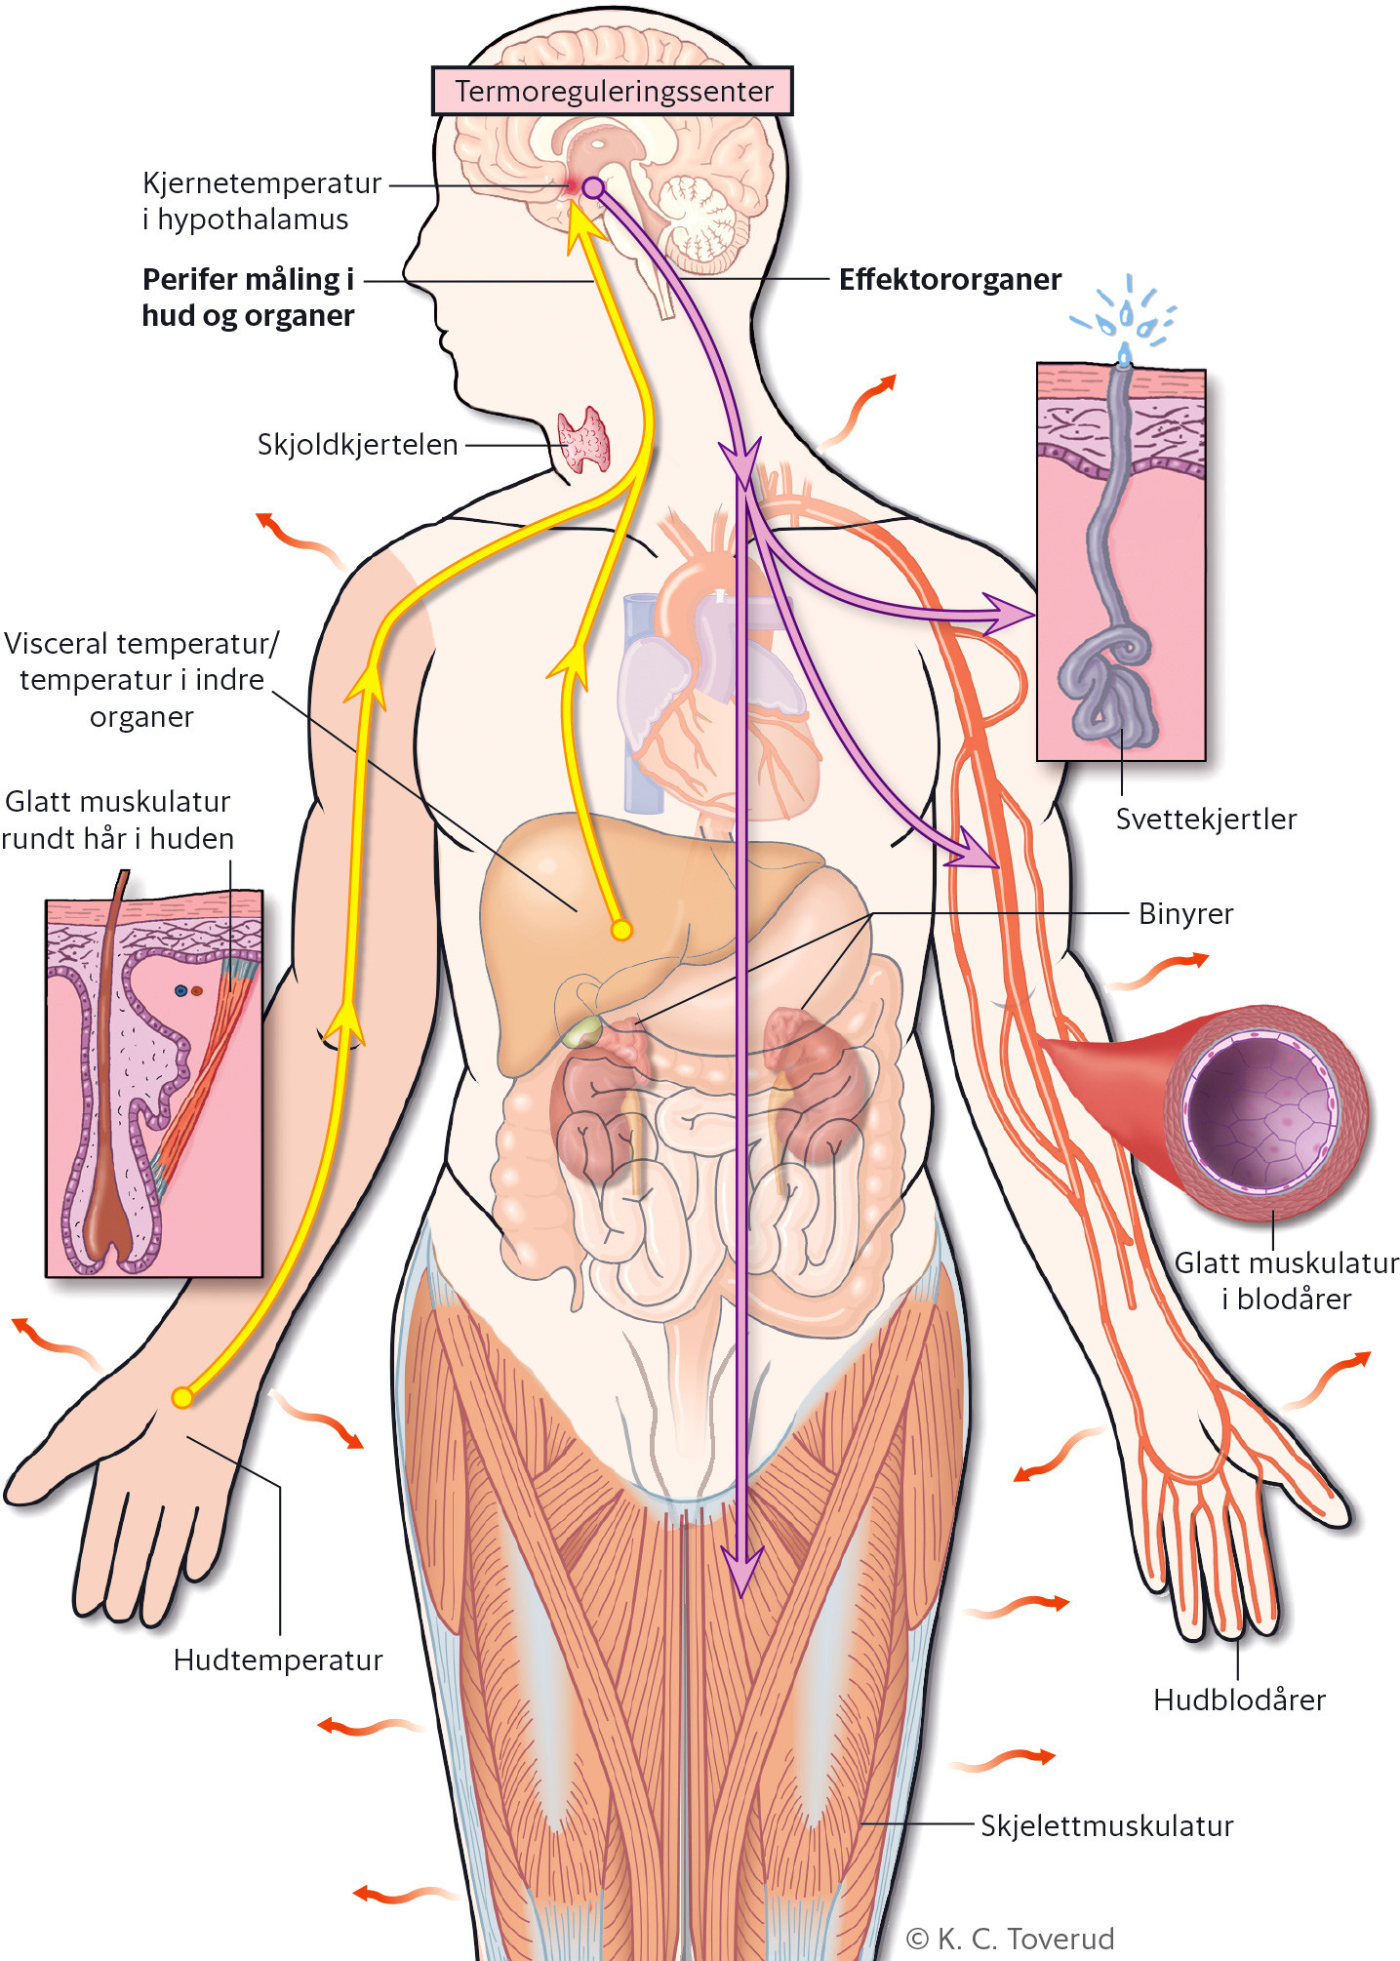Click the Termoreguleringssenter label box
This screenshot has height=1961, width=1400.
pyautogui.click(x=613, y=91)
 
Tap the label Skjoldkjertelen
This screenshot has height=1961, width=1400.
pyautogui.click(x=357, y=445)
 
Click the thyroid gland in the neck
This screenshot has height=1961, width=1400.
pyautogui.click(x=583, y=441)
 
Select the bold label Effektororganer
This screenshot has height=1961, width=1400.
pyautogui.click(x=949, y=280)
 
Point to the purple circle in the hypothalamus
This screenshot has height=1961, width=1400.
pyautogui.click(x=593, y=187)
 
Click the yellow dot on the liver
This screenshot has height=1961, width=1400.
pyautogui.click(x=620, y=930)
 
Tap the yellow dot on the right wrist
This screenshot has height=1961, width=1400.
pyautogui.click(x=182, y=1397)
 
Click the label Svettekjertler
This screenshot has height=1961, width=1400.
pyautogui.click(x=1206, y=819)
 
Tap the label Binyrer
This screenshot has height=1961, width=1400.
pyautogui.click(x=1185, y=914)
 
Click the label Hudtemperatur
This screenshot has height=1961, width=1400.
pyautogui.click(x=278, y=1660)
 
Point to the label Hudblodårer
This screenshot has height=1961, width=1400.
pyautogui.click(x=1239, y=1700)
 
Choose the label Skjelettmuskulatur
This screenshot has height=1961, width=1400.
pyautogui.click(x=1106, y=1825)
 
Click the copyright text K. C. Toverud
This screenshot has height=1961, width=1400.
pyautogui.click(x=1011, y=1939)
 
